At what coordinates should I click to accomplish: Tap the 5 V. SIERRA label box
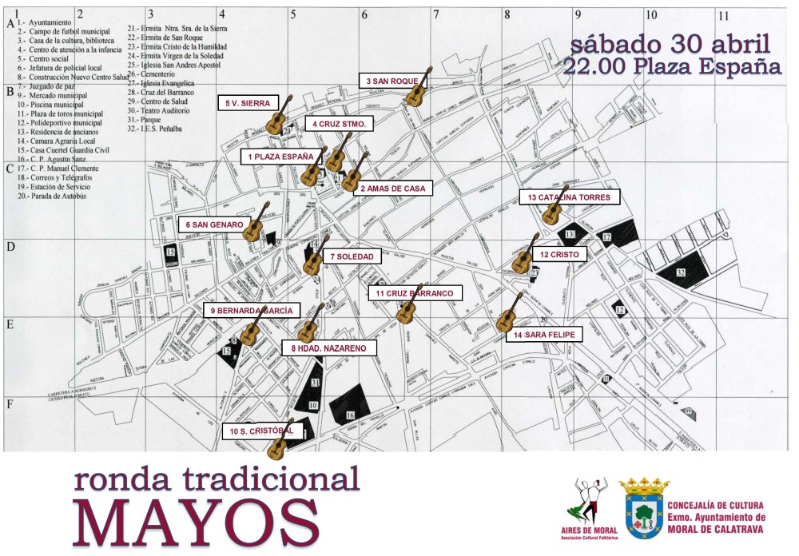pyautogui.click(x=247, y=103)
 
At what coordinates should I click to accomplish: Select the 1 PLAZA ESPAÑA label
pyautogui.click(x=280, y=157)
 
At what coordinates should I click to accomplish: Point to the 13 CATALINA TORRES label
pyautogui.click(x=569, y=197)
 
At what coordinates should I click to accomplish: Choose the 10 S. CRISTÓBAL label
pyautogui.click(x=256, y=432)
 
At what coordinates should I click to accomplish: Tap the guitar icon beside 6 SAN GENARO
pyautogui.click(x=256, y=222)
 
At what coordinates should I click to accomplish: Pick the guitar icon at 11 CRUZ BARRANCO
pyautogui.click(x=409, y=306)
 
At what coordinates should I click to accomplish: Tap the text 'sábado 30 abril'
pyautogui.click(x=670, y=44)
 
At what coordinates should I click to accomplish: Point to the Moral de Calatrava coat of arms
pyautogui.click(x=642, y=508)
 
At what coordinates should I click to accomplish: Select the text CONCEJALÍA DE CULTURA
pyautogui.click(x=715, y=505)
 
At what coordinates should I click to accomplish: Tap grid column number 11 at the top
pyautogui.click(x=723, y=14)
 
